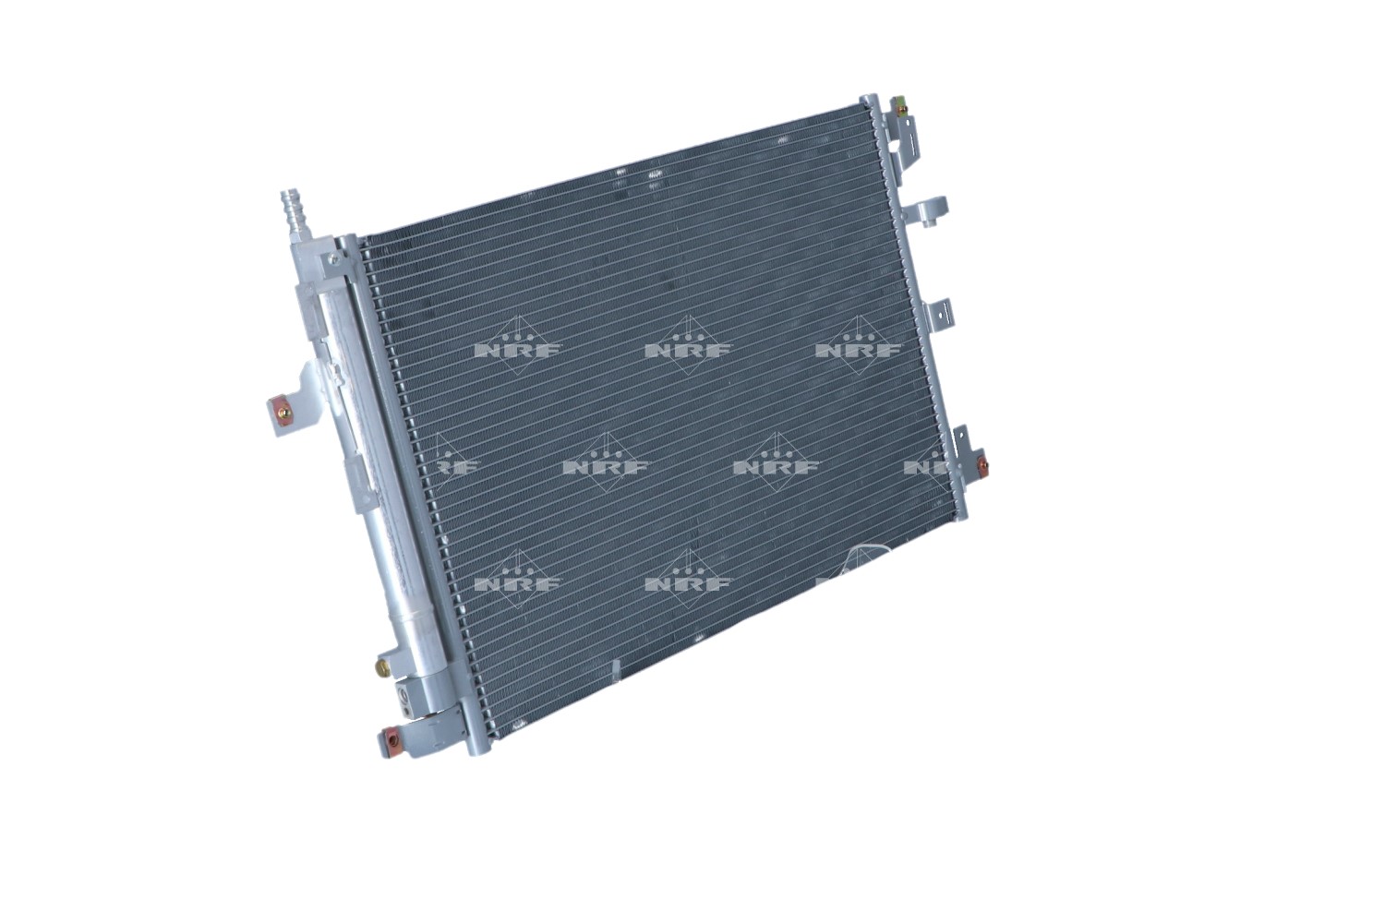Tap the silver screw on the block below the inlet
[x=333, y=258]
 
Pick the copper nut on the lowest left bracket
[x=391, y=739]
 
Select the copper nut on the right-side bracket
[x=982, y=462]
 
